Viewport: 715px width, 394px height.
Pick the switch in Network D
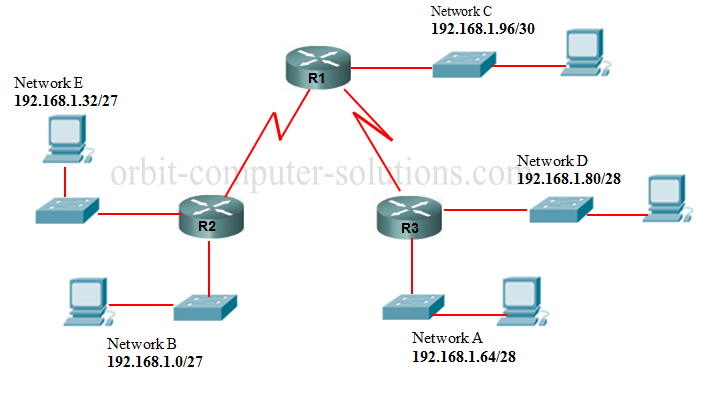coord(560,208)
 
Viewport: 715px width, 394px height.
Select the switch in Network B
coord(204,306)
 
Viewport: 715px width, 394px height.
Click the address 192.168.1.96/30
coord(484,29)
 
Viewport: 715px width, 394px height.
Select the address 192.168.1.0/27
coord(161,361)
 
